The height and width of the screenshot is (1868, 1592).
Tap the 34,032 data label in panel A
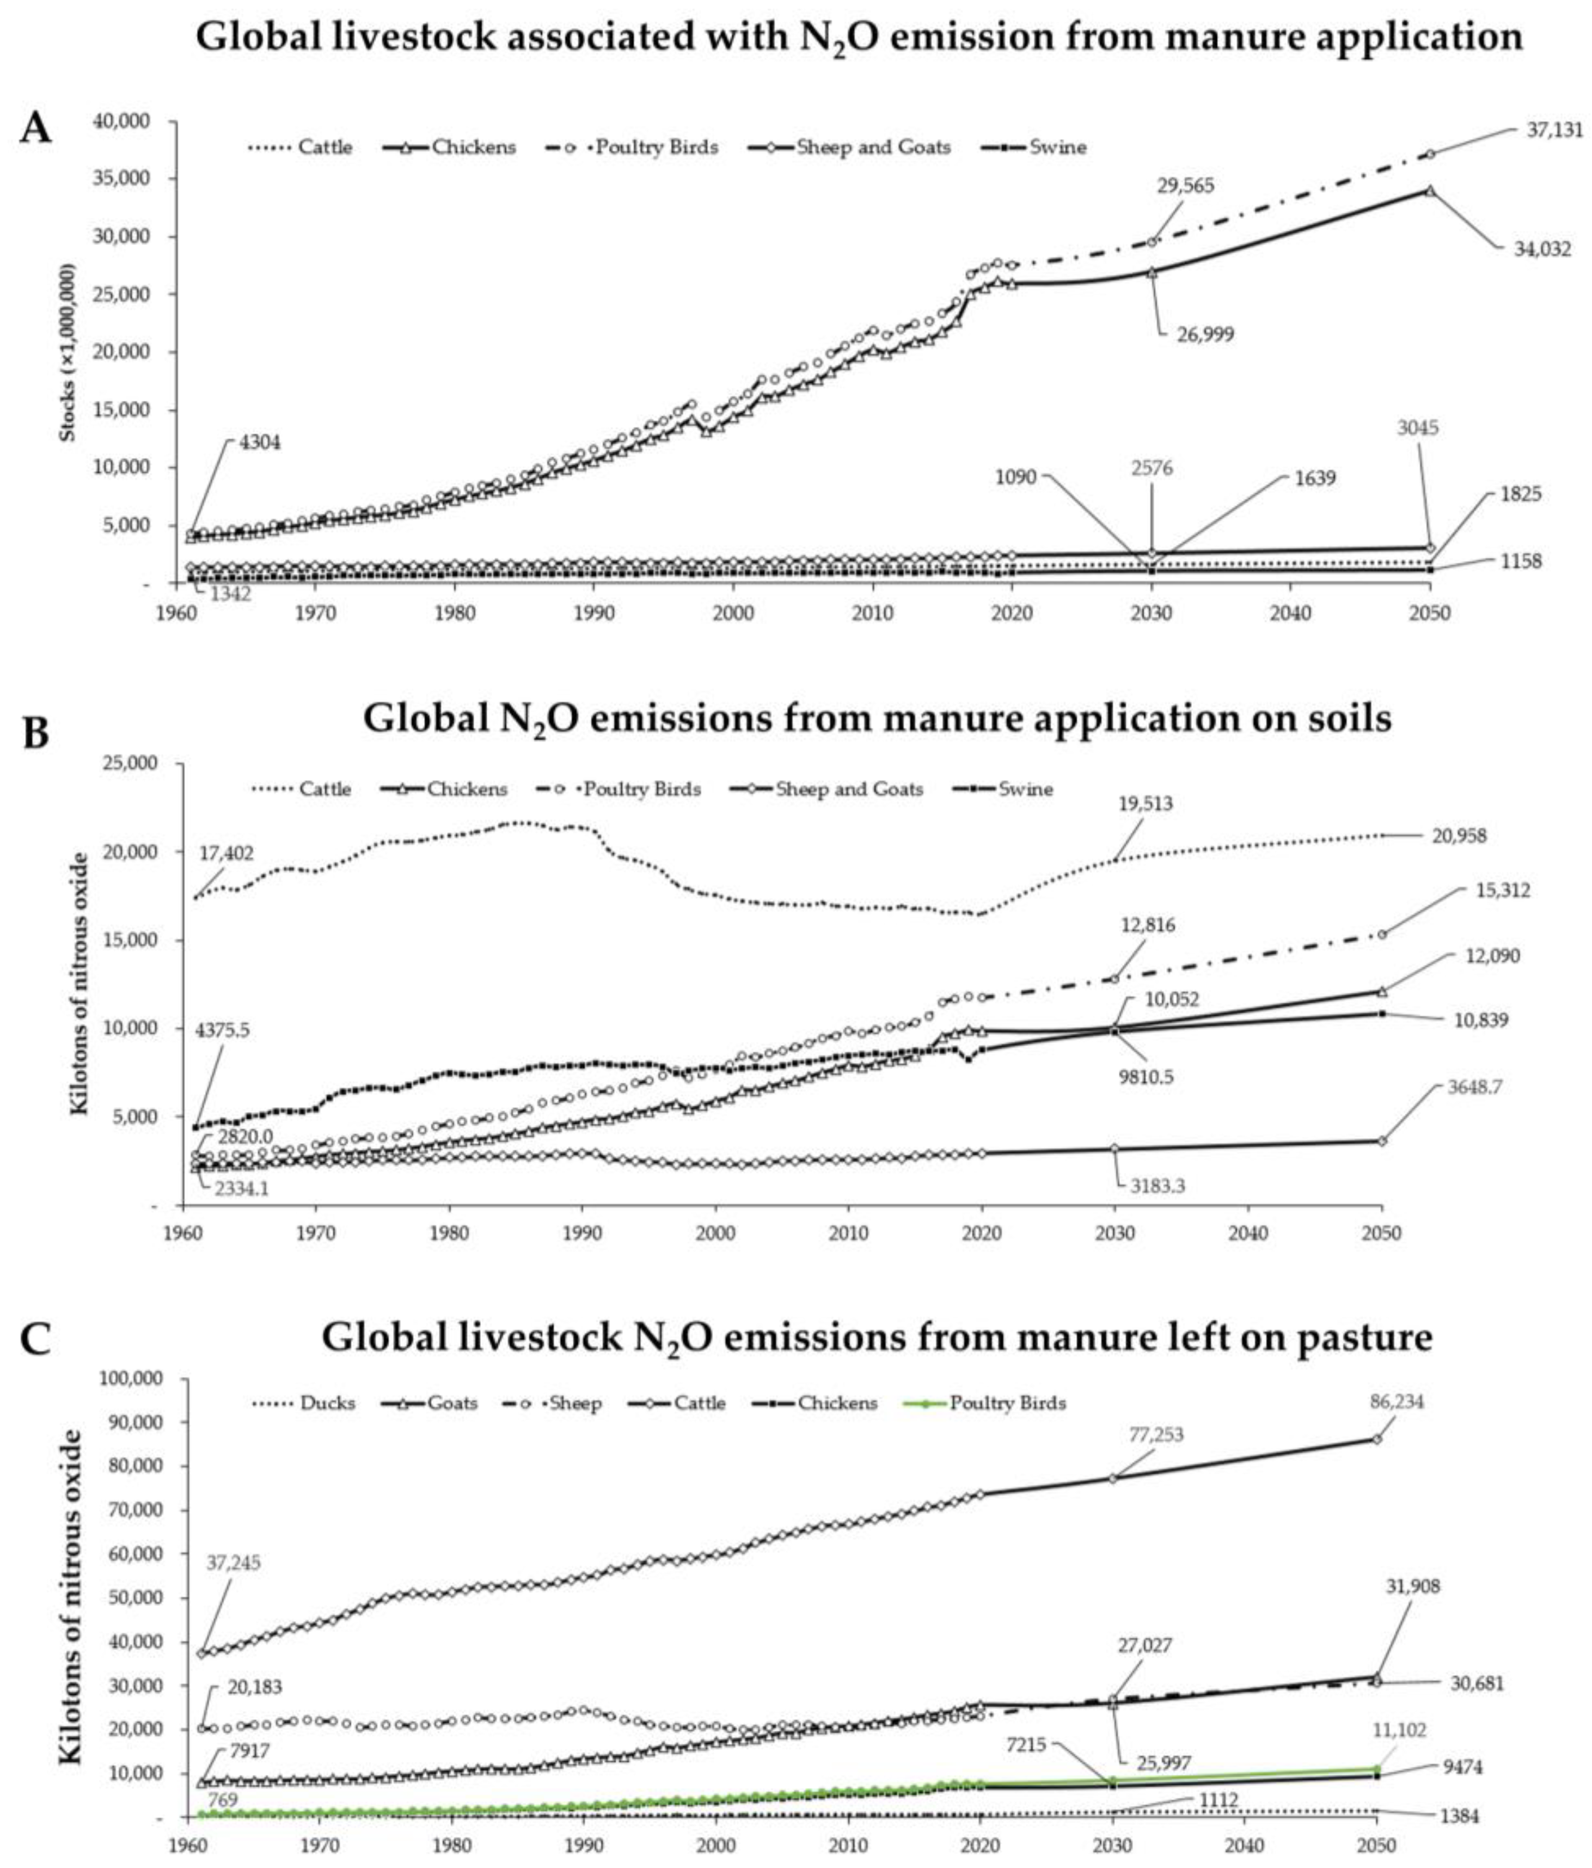[x=1542, y=249]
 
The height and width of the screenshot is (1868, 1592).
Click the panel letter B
[x=35, y=733]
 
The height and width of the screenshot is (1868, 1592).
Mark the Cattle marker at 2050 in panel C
[x=1376, y=1439]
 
